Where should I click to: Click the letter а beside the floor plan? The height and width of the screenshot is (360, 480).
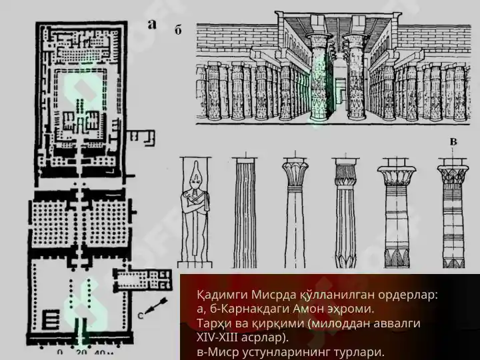point(152,25)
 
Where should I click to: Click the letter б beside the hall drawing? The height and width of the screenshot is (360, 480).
point(178,30)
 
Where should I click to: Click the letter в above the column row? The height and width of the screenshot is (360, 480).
point(453,142)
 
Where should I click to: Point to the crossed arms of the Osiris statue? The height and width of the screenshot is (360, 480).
point(195,205)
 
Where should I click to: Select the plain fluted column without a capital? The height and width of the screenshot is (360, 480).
point(245,213)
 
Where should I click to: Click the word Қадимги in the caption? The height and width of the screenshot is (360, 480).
point(223,295)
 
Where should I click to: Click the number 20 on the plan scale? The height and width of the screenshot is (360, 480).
point(81,353)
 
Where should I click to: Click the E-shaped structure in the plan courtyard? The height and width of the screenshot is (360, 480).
point(51,319)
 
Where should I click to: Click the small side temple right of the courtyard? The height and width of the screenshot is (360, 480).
point(143,279)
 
